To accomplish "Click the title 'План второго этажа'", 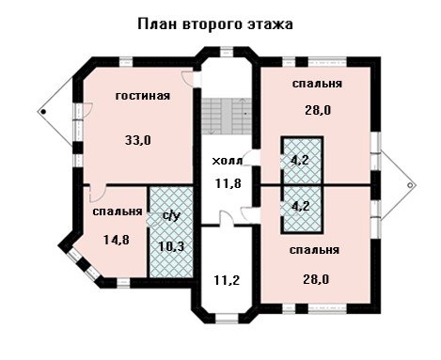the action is [215, 24].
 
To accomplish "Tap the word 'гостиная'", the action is [143, 96].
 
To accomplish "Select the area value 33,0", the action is [138, 140].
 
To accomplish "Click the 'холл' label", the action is [227, 161].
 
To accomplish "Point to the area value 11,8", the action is [228, 183].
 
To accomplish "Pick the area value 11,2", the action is [227, 280].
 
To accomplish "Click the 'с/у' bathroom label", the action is [172, 216].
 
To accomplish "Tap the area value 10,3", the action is [171, 246].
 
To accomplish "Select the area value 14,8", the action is [117, 240].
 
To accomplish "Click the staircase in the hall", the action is [227, 116].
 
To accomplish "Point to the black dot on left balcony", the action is [43, 112].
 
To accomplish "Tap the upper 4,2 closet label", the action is [300, 160].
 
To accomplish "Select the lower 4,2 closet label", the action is [301, 206].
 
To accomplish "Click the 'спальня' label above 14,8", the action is [118, 211].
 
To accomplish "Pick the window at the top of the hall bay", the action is [227, 51].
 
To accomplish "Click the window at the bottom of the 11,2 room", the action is [228, 318].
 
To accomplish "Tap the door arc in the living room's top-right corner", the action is [187, 78].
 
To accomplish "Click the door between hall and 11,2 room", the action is [226, 218].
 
